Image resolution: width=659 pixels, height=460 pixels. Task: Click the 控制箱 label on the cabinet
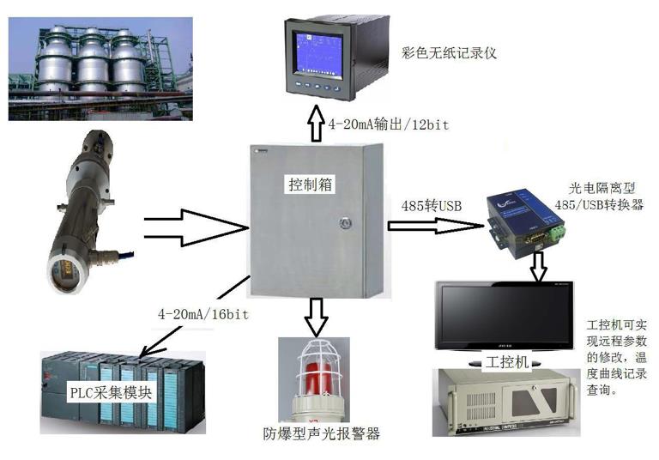coord(308,185)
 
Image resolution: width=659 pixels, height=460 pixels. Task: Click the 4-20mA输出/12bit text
coord(389,124)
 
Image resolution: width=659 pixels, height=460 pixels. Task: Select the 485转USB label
coord(432,206)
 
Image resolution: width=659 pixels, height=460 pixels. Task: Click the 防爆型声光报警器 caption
coord(323,433)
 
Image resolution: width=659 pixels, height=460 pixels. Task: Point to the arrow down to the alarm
coord(317,316)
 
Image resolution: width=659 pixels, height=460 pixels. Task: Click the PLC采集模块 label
coord(111,393)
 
